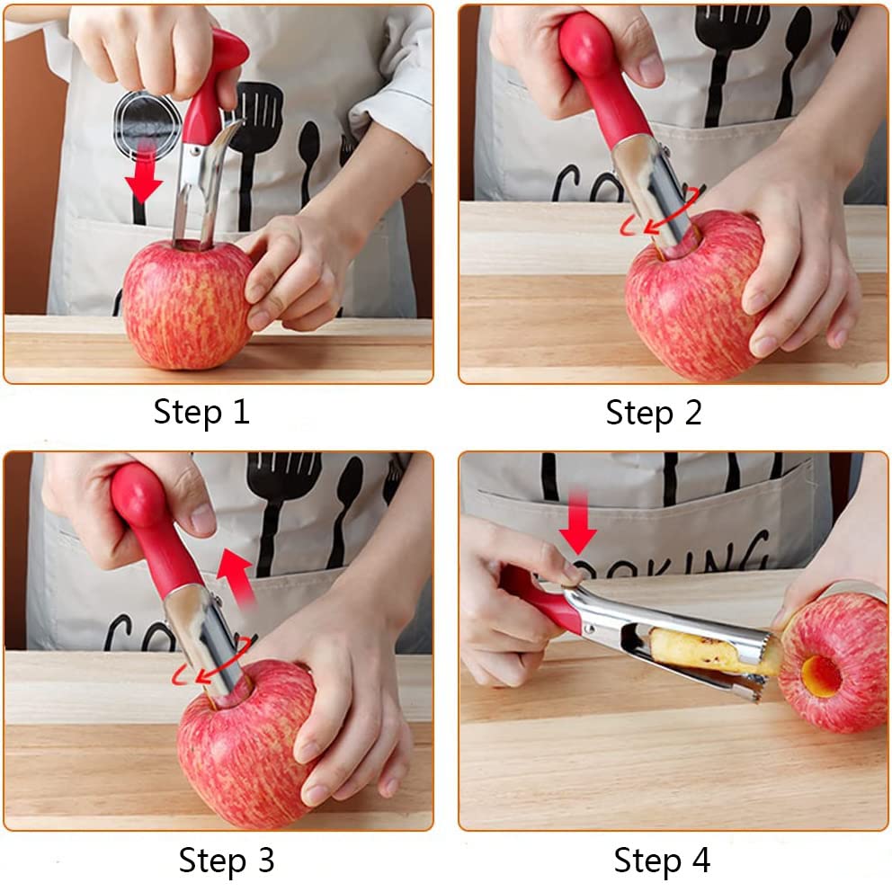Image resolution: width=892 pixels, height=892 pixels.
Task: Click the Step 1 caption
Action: [201, 412]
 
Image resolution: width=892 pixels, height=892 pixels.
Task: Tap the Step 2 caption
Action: [654, 412]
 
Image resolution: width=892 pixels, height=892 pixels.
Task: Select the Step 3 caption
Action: [227, 860]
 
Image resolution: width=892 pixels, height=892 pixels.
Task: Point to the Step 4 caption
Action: [662, 860]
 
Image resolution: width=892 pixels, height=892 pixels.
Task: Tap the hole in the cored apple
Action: [820, 673]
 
